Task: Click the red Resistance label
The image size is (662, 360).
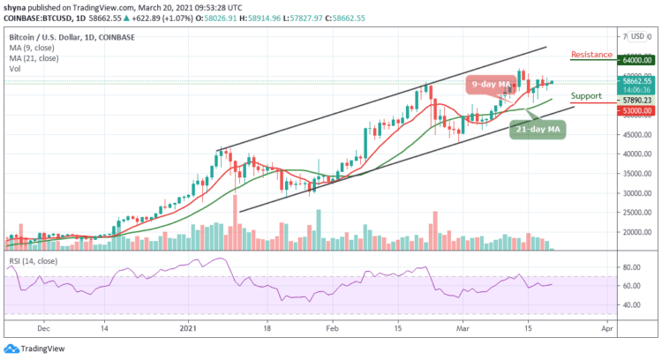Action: coord(591,55)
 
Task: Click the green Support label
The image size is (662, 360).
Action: coord(586,95)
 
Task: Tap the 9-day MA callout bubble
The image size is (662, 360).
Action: coord(492,85)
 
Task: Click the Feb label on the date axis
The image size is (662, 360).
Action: coord(332,325)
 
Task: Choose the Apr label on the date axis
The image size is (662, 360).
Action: coord(606,325)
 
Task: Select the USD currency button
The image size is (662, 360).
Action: coord(636,37)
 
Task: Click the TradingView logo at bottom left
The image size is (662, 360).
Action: coord(35,346)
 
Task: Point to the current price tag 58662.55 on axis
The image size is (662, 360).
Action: coord(636,80)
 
